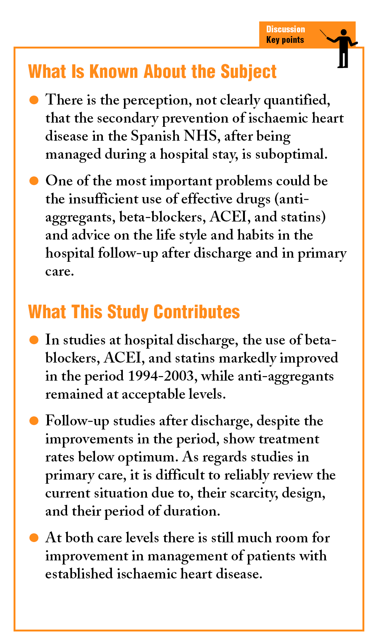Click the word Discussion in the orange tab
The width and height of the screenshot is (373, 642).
[x=285, y=29]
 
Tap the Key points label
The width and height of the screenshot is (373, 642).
[x=285, y=40]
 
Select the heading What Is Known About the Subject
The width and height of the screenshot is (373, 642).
[x=152, y=72]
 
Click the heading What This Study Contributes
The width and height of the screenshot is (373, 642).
[x=134, y=312]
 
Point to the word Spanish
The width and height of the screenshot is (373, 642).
[x=155, y=136]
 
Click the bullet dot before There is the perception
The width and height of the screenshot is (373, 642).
[x=34, y=100]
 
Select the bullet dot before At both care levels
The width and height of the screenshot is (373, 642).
[x=34, y=538]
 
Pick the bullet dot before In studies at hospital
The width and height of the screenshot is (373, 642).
[x=34, y=340]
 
